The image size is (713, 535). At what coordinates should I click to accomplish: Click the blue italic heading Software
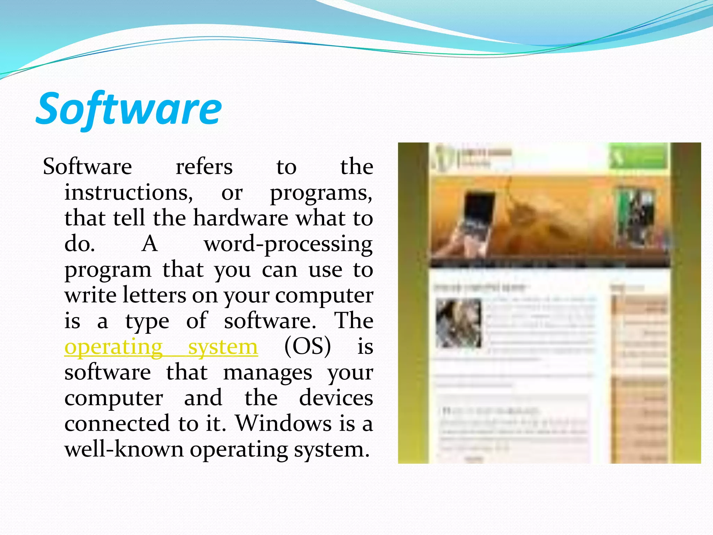point(129,109)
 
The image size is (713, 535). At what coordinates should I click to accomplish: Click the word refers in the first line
point(204,166)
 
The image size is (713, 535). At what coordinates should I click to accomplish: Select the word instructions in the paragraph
point(128,192)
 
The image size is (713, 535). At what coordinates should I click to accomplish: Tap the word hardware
point(241,218)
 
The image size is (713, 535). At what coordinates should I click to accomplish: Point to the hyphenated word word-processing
point(288,244)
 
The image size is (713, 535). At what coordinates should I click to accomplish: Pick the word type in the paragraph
point(147,321)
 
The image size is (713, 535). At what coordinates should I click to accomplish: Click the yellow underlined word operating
point(113,347)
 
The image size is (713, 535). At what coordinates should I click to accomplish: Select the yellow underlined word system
point(223,347)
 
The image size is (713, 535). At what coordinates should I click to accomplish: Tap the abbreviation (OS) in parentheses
point(307,347)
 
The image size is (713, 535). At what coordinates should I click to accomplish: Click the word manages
point(267,373)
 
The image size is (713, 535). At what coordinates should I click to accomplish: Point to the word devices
point(336,398)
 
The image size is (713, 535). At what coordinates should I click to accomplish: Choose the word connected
point(117,424)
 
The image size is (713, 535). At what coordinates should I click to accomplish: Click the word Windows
point(284,424)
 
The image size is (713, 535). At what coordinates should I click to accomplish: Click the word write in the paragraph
point(90,295)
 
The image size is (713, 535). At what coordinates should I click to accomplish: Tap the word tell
point(128,218)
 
